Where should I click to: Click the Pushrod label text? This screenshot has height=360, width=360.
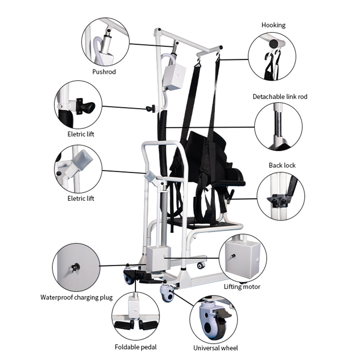(x=104, y=72)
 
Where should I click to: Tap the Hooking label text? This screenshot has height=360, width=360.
(x=274, y=25)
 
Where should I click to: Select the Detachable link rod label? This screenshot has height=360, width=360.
(x=280, y=96)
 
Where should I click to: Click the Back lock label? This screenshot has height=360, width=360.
(x=282, y=165)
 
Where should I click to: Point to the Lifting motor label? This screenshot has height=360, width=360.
(x=242, y=287)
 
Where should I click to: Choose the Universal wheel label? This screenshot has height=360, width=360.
(x=216, y=348)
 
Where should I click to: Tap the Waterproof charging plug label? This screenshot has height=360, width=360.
(x=76, y=297)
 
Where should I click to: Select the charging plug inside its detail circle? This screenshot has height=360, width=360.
(x=76, y=266)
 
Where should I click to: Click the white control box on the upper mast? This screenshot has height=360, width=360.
(x=174, y=77)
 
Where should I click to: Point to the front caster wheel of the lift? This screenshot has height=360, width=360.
(x=168, y=293)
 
